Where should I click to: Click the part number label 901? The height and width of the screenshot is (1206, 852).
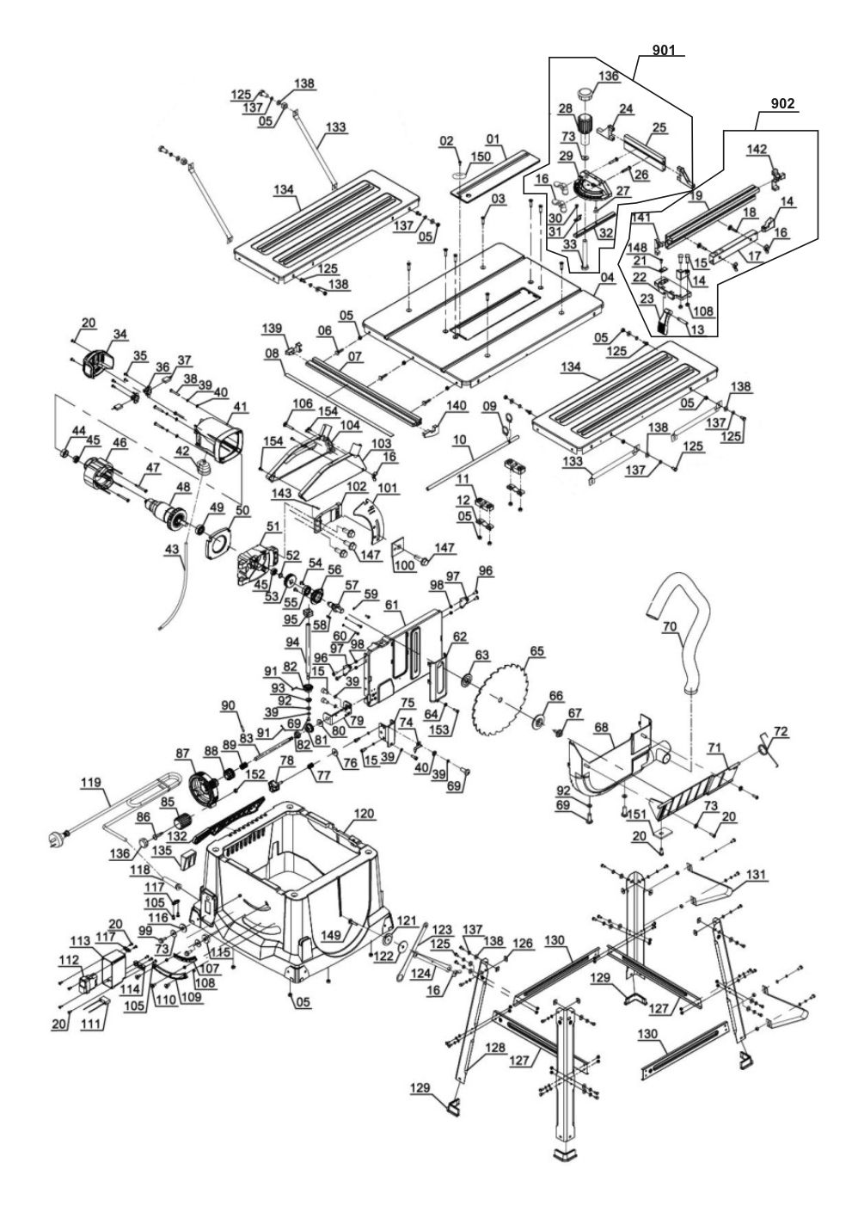[663, 51]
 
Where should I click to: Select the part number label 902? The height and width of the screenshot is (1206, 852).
[783, 103]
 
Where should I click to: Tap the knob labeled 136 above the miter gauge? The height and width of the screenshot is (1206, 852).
[585, 93]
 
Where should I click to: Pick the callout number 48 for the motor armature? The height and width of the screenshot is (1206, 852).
[182, 487]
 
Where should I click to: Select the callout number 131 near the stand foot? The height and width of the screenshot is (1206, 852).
[756, 874]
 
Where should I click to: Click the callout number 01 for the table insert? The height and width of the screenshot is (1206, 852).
[493, 138]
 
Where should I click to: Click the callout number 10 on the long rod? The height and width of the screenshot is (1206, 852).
[460, 440]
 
